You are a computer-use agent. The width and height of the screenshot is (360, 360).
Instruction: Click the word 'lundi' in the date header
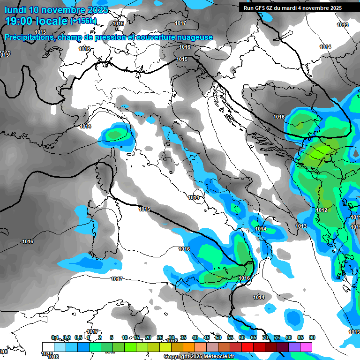pos(15,10)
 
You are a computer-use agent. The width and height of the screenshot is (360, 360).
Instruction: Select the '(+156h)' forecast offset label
pos(83,21)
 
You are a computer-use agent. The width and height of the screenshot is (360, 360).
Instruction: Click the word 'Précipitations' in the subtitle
pos(28,37)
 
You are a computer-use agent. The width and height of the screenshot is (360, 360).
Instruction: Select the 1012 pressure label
pos(322,210)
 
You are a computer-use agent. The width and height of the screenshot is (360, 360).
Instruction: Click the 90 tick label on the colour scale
pos(312,337)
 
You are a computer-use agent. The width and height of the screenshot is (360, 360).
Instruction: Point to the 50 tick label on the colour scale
pos(218,337)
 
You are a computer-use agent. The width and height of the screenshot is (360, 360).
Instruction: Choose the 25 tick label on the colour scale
pos(159,337)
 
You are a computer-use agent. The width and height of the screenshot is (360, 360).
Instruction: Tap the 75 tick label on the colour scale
pos(277,337)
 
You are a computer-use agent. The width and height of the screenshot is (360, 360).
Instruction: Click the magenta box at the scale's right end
pos(306,346)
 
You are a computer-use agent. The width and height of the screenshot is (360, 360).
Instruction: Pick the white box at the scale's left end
pos(48,346)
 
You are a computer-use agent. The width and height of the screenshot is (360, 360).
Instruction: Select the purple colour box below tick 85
pos(294,346)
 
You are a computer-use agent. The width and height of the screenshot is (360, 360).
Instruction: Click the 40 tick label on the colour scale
pos(195,337)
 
